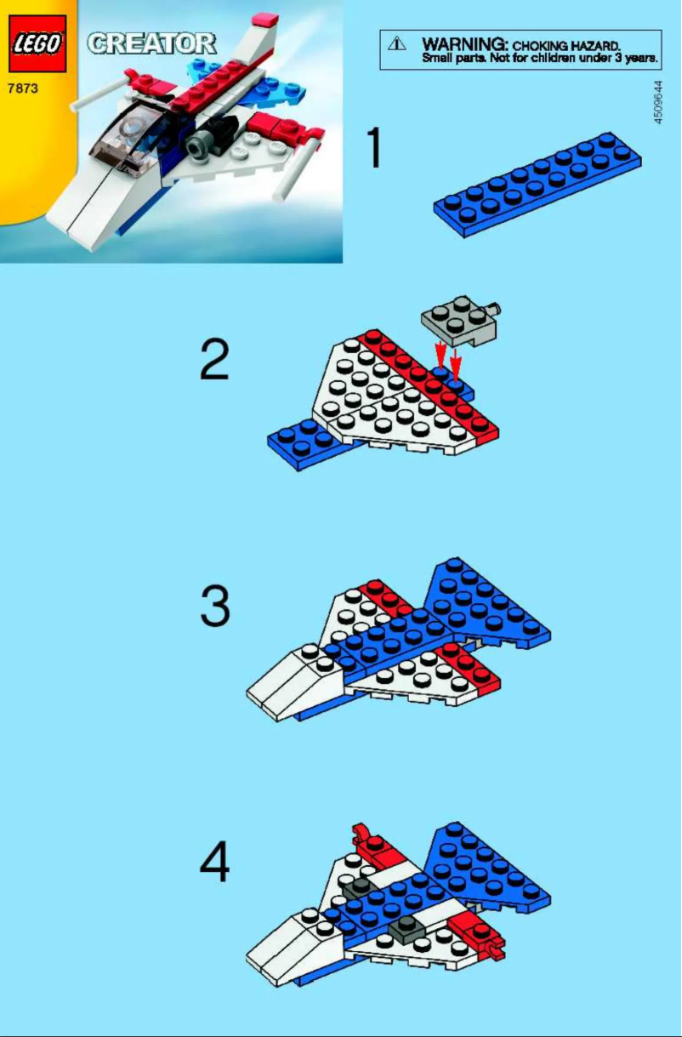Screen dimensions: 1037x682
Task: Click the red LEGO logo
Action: click(x=37, y=43)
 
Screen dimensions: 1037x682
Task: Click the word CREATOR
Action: click(x=151, y=43)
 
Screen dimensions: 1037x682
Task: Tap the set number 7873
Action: click(x=24, y=88)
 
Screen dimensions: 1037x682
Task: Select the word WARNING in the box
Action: click(x=464, y=43)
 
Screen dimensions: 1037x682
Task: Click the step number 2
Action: click(x=214, y=360)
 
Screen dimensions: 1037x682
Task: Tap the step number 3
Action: click(x=215, y=607)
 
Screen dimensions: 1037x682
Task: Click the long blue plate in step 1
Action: click(x=537, y=185)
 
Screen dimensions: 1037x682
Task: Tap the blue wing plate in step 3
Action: click(x=485, y=604)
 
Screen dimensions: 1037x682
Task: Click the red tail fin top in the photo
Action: click(x=264, y=19)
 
